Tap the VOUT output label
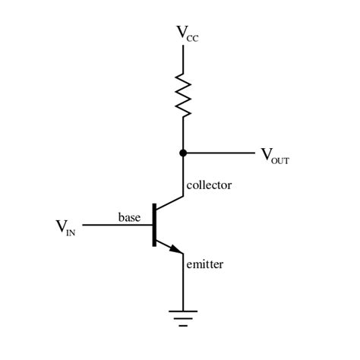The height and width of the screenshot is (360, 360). coord(275,156)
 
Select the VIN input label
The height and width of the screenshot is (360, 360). coord(65,226)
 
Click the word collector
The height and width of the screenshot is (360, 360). coord(208,185)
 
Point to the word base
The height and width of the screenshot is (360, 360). coord(129,217)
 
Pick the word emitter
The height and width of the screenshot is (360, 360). coord(205,264)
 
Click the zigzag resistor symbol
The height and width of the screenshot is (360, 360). coord(183,94)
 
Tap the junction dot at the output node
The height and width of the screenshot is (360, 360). coord(183,153)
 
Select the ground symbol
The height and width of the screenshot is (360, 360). coord(183,317)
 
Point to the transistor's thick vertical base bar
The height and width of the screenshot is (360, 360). coord(153,225)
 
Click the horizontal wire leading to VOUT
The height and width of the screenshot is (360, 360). coord(220,153)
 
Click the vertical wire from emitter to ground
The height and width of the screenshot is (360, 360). coord(183,285)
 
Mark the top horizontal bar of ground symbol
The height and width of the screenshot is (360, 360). coord(183,311)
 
